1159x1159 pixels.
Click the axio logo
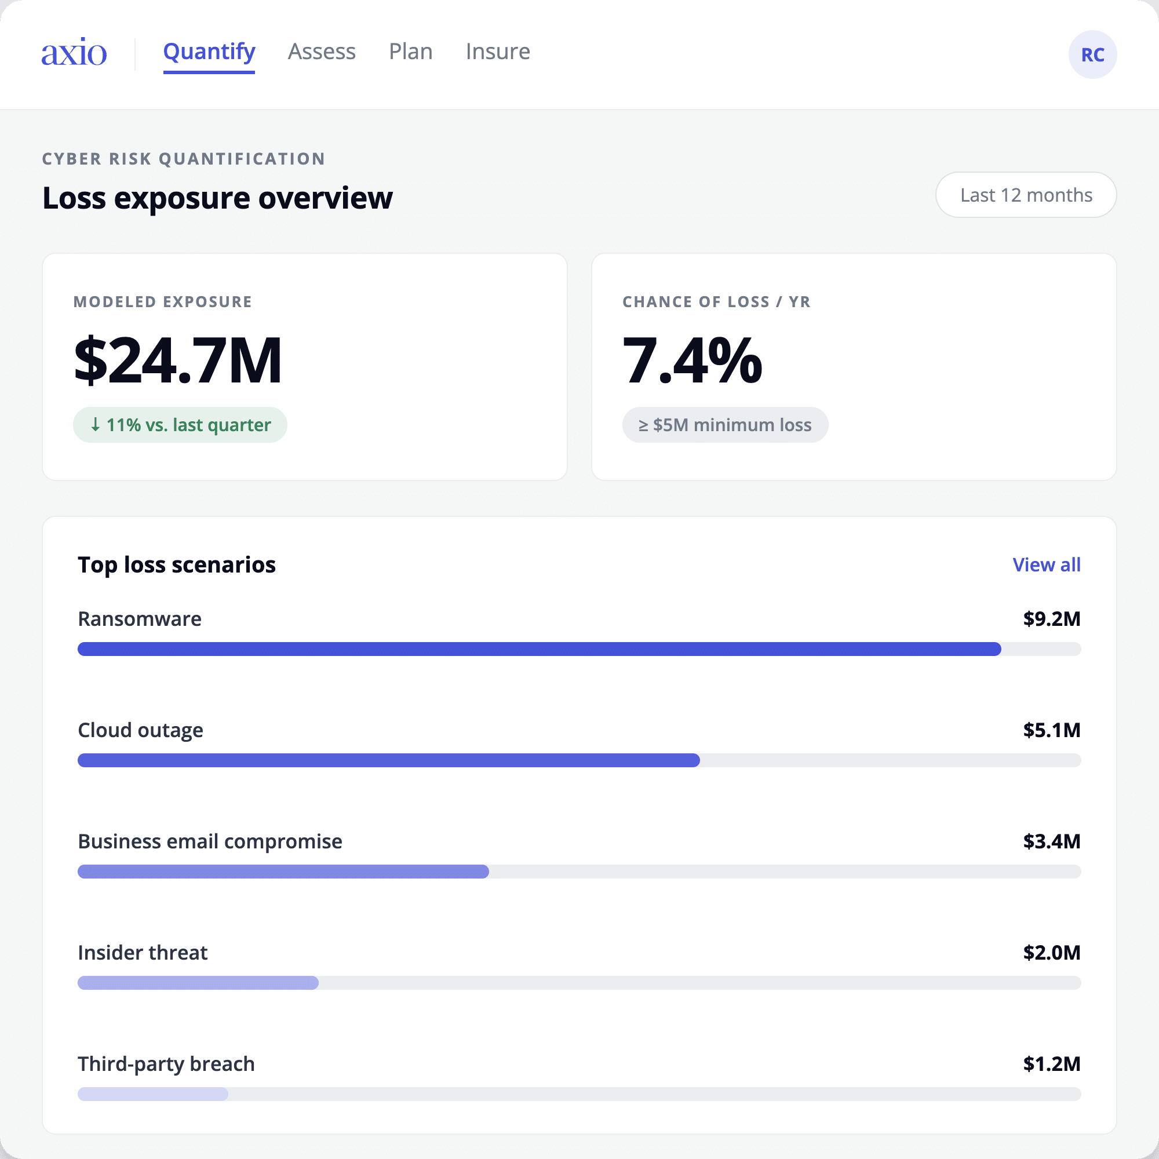[x=74, y=52]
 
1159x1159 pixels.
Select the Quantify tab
[x=209, y=53]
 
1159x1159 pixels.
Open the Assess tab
[x=322, y=52]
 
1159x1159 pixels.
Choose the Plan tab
[x=410, y=52]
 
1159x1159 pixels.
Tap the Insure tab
[x=497, y=52]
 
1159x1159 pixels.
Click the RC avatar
[x=1092, y=54]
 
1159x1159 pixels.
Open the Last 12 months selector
[x=1026, y=195]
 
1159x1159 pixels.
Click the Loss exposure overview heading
[x=217, y=198]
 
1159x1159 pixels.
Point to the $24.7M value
[x=177, y=360]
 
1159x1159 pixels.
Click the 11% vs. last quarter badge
[x=180, y=425]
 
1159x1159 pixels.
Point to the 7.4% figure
[x=693, y=360]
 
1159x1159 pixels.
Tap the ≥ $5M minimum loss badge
[x=725, y=425]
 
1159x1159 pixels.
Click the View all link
[x=1046, y=564]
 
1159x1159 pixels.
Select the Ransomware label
[x=140, y=618]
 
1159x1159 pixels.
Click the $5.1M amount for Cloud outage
[x=1052, y=730]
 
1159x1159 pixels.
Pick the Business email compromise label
[x=210, y=841]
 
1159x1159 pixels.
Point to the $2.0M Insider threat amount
[x=1052, y=953]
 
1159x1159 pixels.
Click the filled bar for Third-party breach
[x=153, y=1094]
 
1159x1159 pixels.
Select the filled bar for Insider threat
[x=198, y=983]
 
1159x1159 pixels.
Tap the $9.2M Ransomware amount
[x=1052, y=618]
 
